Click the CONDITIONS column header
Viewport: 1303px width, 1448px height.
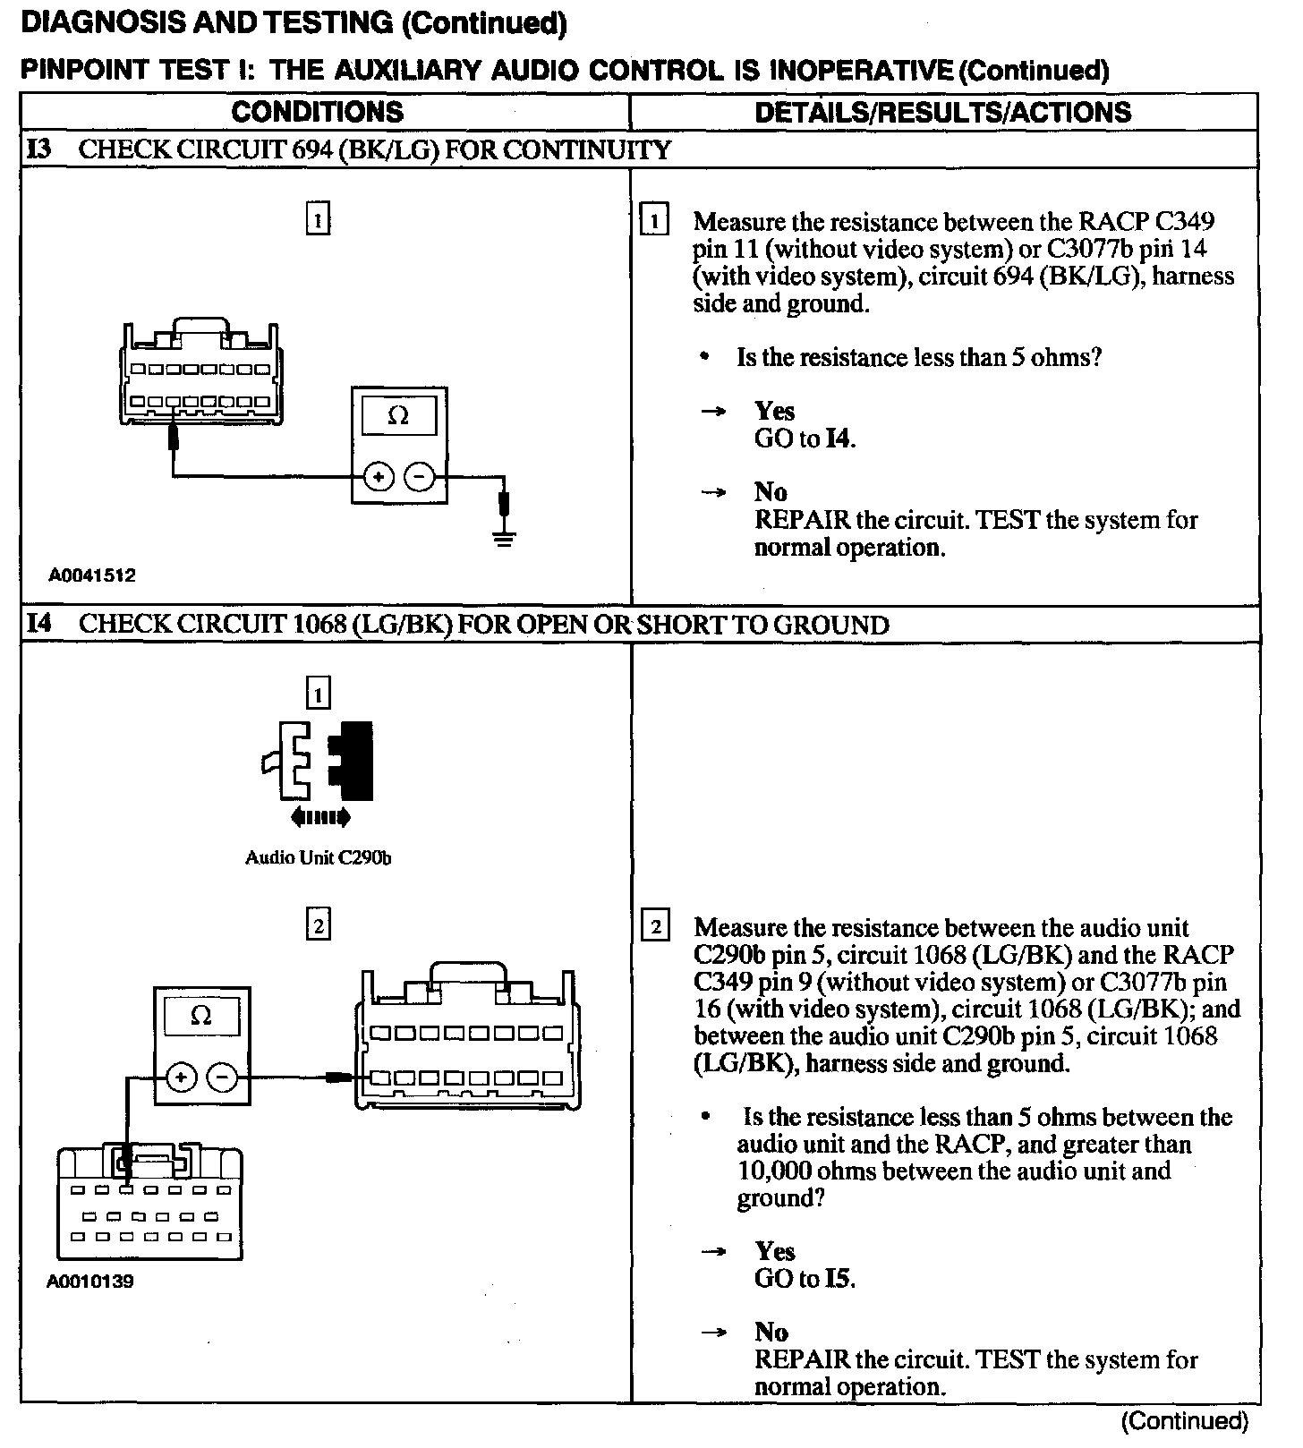tap(317, 112)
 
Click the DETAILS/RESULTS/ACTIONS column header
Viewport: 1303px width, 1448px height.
tap(942, 112)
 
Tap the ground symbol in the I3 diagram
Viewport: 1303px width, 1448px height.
tap(505, 538)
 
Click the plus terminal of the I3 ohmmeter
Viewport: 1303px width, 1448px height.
tap(379, 477)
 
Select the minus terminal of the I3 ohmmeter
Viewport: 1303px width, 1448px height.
tap(419, 477)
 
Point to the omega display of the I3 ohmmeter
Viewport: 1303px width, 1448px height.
tap(398, 416)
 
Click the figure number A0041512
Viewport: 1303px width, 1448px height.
tap(92, 575)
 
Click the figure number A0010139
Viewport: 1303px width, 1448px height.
tap(90, 1282)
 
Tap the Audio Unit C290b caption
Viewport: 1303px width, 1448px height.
tap(318, 857)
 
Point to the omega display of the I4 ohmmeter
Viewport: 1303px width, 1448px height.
tap(201, 1016)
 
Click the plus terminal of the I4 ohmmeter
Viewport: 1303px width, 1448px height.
tap(181, 1077)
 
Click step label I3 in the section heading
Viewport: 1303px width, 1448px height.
tap(38, 149)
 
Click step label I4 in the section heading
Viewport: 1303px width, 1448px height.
tap(38, 624)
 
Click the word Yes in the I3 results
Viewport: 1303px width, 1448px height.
tap(774, 411)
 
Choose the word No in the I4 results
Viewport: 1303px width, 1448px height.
tap(771, 1333)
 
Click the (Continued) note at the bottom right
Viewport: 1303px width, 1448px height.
tap(1184, 1421)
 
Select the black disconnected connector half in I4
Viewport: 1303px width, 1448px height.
tap(352, 760)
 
